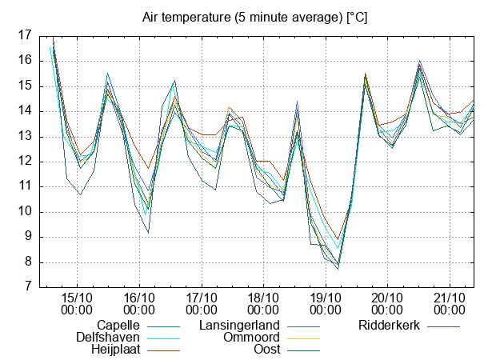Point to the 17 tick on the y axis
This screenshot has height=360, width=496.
tap(24, 35)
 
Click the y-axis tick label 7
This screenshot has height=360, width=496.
tap(28, 286)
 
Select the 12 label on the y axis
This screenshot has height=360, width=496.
tap(24, 161)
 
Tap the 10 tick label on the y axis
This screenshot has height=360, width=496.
tap(24, 211)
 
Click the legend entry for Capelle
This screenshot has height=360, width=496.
tap(118, 326)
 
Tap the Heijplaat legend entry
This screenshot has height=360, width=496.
tap(114, 350)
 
